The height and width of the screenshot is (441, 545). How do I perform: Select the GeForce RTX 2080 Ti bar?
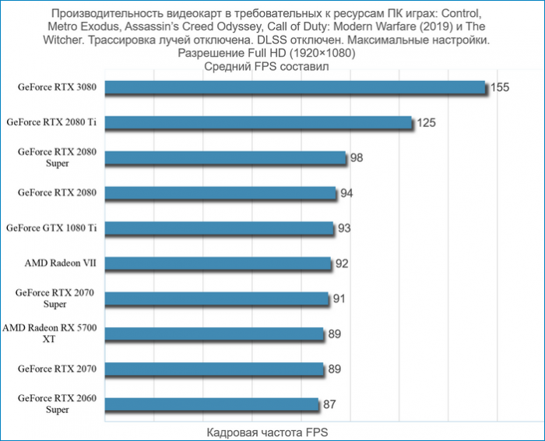(x=258, y=123)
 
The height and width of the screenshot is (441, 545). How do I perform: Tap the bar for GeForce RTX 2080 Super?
(x=225, y=158)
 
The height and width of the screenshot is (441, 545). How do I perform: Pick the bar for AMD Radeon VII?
(x=217, y=263)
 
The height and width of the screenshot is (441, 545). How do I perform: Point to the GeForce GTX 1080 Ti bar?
(x=219, y=228)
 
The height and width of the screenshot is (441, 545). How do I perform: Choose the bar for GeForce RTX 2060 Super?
(x=212, y=404)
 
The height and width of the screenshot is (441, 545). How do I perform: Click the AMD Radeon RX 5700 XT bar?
(x=213, y=333)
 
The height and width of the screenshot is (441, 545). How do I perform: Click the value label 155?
(x=499, y=87)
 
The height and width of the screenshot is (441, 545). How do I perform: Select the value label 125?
(x=425, y=123)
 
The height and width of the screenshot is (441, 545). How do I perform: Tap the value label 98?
(x=357, y=158)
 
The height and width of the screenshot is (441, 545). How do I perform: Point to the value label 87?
(x=329, y=404)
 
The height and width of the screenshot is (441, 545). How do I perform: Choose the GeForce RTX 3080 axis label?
(x=57, y=87)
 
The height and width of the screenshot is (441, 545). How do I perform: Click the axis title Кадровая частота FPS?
(x=265, y=432)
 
